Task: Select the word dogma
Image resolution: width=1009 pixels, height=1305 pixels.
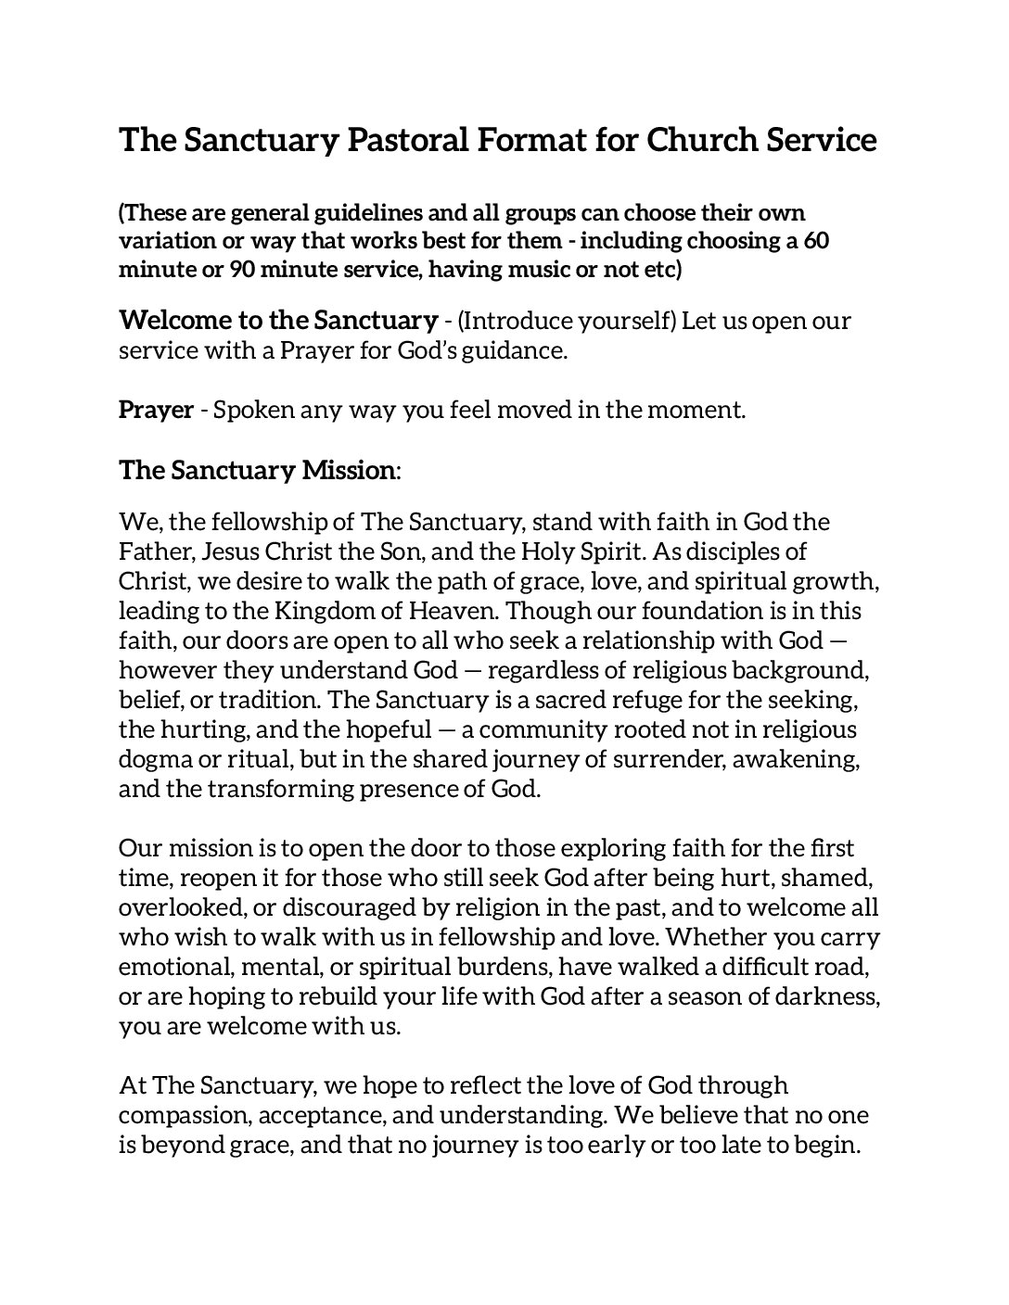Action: (153, 760)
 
